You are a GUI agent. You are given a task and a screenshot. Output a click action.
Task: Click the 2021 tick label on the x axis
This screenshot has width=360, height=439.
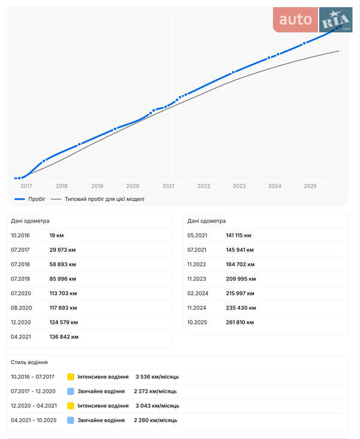168,186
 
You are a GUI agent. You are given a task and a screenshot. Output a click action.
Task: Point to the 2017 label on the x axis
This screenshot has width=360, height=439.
26,186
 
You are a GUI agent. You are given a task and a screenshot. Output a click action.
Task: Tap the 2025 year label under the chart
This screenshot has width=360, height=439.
310,186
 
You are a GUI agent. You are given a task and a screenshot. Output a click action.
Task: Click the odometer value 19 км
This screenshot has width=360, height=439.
56,236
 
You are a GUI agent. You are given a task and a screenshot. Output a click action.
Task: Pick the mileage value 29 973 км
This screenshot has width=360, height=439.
62,250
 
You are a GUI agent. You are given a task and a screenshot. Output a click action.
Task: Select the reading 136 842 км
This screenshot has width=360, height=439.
64,336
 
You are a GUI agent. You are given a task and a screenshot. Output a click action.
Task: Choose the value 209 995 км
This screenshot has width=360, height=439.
241,279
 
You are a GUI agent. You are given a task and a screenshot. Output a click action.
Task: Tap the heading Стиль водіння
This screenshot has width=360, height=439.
29,362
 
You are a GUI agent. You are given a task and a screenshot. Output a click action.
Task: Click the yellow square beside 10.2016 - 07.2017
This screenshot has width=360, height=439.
71,377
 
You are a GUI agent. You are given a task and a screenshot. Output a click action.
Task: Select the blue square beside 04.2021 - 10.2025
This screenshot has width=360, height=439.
71,420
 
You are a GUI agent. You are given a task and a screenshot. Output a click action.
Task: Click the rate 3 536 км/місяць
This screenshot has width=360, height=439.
157,377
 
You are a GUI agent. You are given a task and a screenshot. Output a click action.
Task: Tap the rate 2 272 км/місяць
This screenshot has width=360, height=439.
155,391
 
